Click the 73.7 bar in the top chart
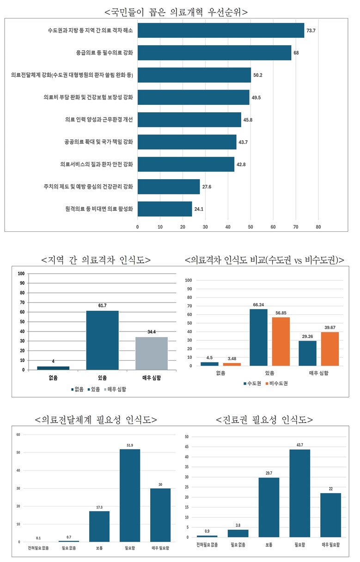point(221,30)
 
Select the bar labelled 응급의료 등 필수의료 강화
point(214,53)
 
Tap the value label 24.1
point(199,209)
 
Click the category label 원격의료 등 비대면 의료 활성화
point(99,209)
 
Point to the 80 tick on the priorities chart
point(318,227)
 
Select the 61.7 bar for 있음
point(102,340)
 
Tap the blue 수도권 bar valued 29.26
point(307,353)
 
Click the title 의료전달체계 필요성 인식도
point(96,420)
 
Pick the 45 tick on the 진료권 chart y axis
point(186,447)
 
